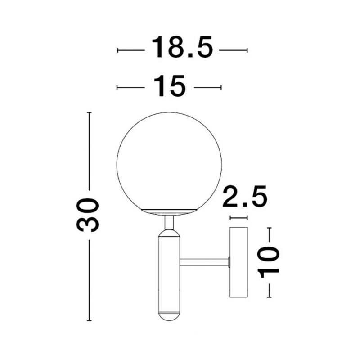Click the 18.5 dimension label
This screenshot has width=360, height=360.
[x=182, y=47]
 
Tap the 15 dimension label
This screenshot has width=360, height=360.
[x=170, y=85]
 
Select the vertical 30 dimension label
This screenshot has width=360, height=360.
[x=87, y=215]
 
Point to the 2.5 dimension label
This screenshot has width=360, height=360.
[x=245, y=197]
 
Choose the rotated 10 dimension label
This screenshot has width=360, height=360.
[x=268, y=262]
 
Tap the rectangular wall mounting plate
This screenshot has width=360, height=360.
[x=239, y=262]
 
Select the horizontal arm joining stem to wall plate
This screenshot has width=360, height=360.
[x=204, y=262]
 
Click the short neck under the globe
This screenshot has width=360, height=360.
[x=169, y=223]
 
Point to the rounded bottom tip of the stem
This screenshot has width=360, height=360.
[x=169, y=317]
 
